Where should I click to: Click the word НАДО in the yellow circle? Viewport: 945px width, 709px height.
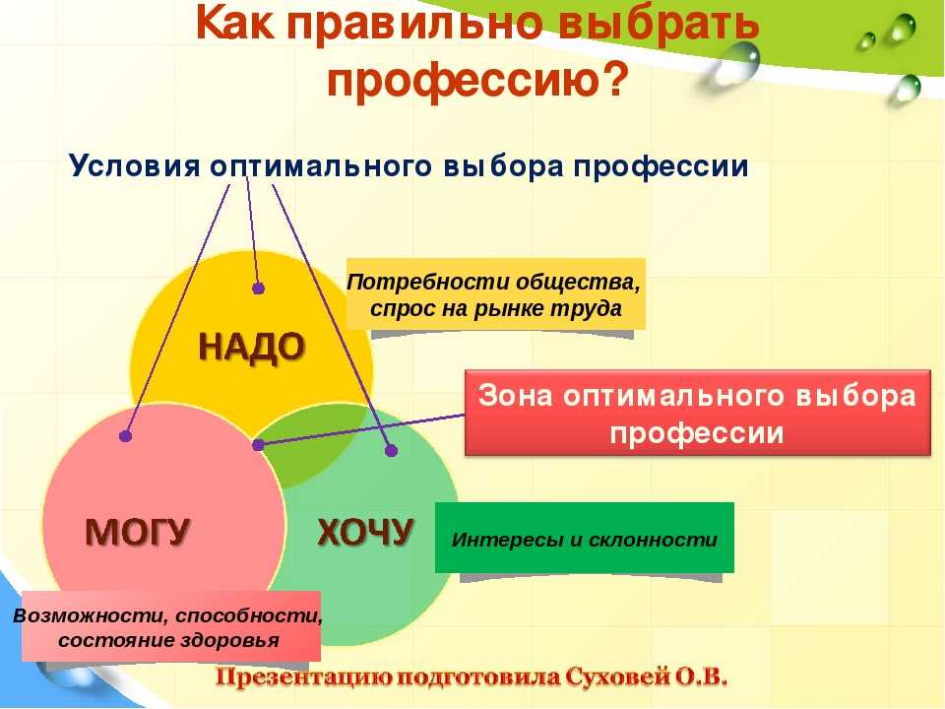pyautogui.click(x=252, y=349)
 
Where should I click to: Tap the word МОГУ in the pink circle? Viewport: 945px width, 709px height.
pyautogui.click(x=138, y=533)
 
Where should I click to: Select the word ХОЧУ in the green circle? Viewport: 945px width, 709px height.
pyautogui.click(x=366, y=533)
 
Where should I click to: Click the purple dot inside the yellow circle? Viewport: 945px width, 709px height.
pyautogui.click(x=259, y=289)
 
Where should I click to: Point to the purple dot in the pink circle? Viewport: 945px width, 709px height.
pyautogui.click(x=125, y=435)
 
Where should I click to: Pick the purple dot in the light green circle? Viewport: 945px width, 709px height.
pyautogui.click(x=391, y=450)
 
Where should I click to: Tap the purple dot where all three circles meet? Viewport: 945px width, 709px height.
pyautogui.click(x=258, y=445)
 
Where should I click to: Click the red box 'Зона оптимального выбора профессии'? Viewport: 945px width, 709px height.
pyautogui.click(x=698, y=413)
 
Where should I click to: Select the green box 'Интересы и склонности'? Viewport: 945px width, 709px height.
pyautogui.click(x=585, y=538)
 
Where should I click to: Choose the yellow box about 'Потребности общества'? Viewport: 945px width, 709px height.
pyautogui.click(x=495, y=294)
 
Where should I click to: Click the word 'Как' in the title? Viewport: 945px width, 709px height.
pyautogui.click(x=234, y=23)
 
